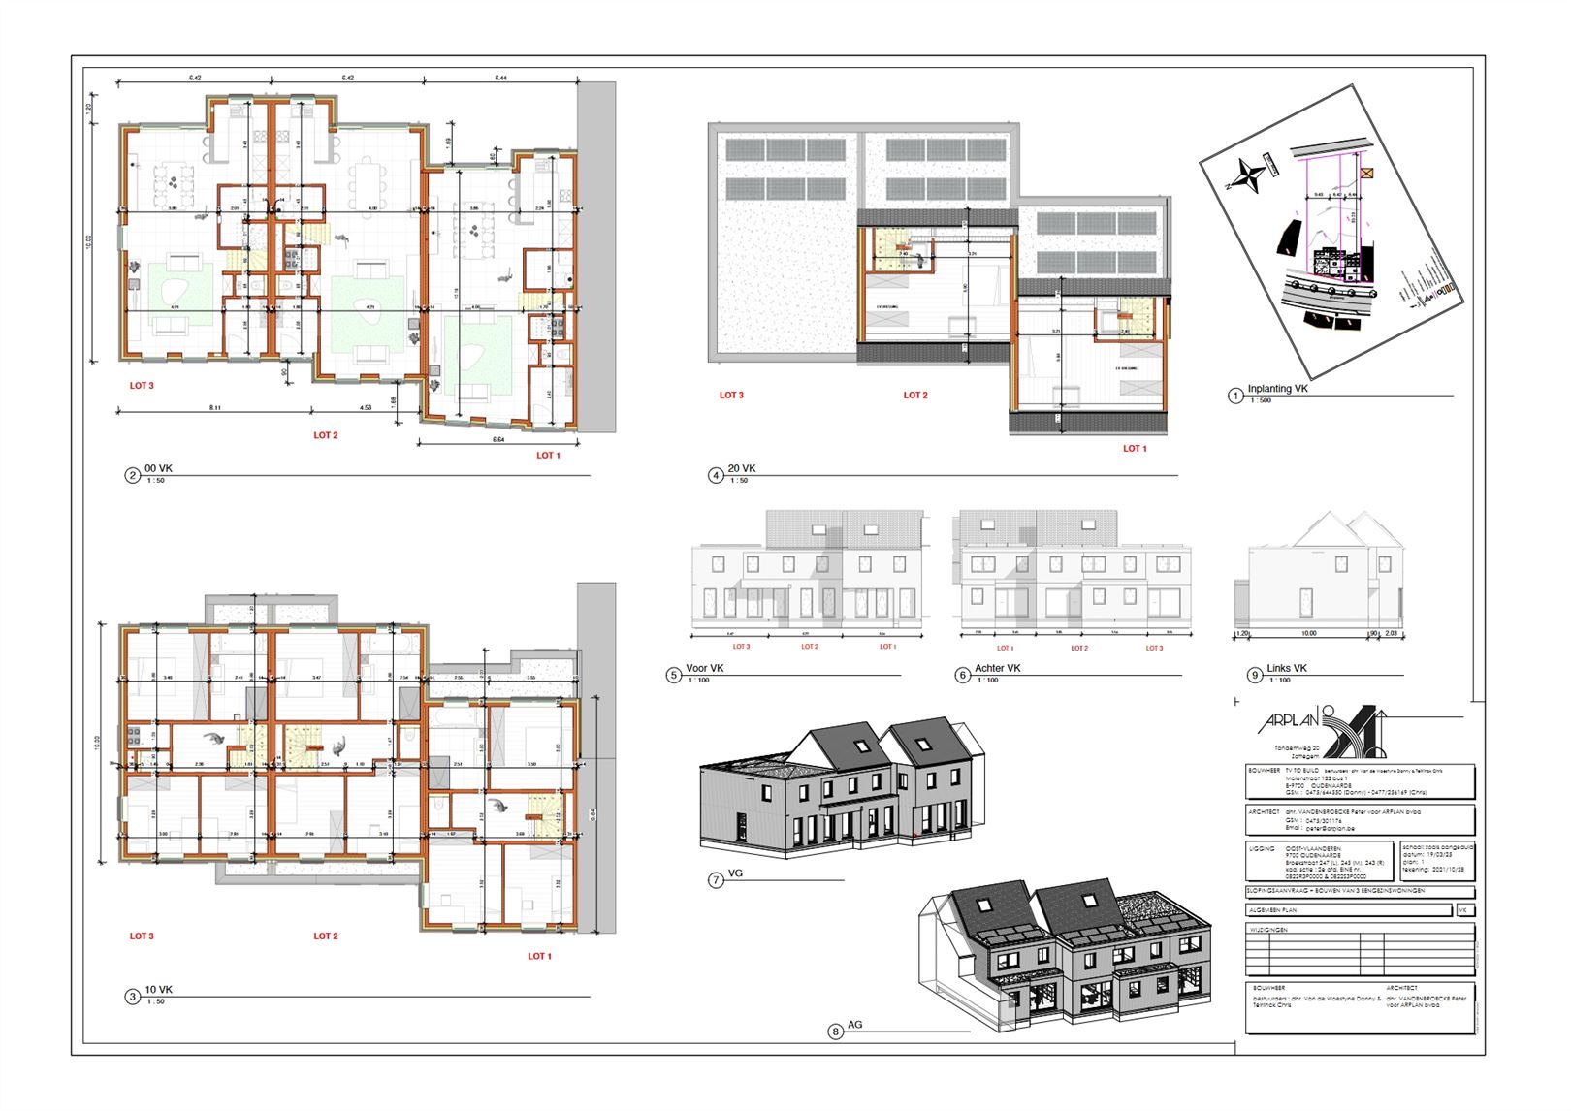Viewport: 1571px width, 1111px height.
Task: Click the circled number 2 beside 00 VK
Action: tap(133, 475)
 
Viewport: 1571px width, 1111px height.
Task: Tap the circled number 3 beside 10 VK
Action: tap(133, 996)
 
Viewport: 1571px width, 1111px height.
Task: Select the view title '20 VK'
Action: tap(742, 468)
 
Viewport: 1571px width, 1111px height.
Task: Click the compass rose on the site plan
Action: tap(1249, 176)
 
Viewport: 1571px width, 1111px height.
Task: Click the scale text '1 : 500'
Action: tap(1260, 400)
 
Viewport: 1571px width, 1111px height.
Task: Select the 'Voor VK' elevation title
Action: tap(704, 668)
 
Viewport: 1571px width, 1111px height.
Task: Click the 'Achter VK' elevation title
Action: tap(998, 668)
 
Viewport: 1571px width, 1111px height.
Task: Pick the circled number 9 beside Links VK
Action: tap(1255, 675)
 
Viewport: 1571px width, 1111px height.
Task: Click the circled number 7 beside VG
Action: tap(716, 880)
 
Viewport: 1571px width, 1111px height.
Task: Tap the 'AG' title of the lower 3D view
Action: tap(854, 1024)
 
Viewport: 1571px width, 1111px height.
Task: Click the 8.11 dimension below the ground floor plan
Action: tap(214, 408)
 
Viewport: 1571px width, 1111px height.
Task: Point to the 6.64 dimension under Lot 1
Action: tap(498, 439)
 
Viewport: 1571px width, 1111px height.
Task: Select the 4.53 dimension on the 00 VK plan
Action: tap(365, 408)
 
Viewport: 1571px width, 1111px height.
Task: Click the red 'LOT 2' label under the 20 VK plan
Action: tap(915, 396)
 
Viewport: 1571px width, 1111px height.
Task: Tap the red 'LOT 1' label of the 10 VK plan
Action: tap(539, 956)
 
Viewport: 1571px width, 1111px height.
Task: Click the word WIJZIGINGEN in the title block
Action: tap(1268, 930)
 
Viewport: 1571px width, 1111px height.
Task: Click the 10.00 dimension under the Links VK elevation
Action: tap(1308, 633)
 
